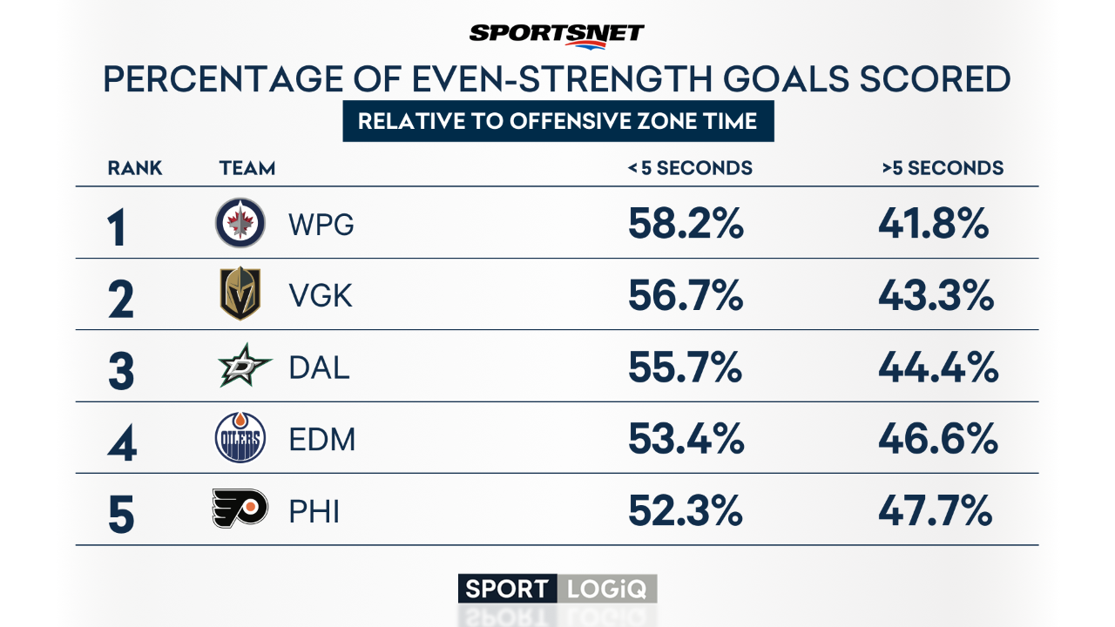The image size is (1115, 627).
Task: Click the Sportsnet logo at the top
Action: pyautogui.click(x=557, y=33)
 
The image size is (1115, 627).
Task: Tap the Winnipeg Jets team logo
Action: pyautogui.click(x=240, y=223)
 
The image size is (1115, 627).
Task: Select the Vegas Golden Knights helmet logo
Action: pyautogui.click(x=240, y=295)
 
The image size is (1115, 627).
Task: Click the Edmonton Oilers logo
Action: pyautogui.click(x=240, y=438)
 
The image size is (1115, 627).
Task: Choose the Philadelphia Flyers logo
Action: pyautogui.click(x=240, y=509)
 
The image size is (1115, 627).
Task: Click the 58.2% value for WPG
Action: pyautogui.click(x=686, y=225)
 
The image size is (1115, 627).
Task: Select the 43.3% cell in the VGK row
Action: pyautogui.click(x=936, y=297)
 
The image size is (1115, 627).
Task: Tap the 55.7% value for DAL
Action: pyautogui.click(x=685, y=368)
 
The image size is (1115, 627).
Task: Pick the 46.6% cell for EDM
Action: pyautogui.click(x=937, y=441)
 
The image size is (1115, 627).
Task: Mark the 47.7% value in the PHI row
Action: pyautogui.click(x=935, y=512)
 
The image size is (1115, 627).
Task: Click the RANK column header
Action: pyautogui.click(x=135, y=168)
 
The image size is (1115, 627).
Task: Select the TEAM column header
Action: pyautogui.click(x=247, y=168)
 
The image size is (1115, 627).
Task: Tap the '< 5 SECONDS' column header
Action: pyautogui.click(x=690, y=168)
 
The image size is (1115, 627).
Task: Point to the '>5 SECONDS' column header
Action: pyautogui.click(x=943, y=168)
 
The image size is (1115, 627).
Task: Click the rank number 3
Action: pyautogui.click(x=121, y=371)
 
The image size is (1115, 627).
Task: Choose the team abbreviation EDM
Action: pyautogui.click(x=322, y=441)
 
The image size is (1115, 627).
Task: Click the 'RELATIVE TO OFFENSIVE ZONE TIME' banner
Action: pyautogui.click(x=557, y=121)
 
